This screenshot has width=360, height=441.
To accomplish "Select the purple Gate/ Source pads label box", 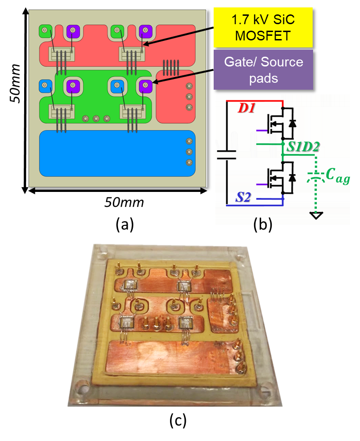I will click(x=263, y=70).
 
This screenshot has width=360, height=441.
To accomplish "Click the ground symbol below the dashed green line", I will click(x=316, y=215).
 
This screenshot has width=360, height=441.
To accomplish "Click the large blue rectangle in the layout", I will click(x=117, y=153).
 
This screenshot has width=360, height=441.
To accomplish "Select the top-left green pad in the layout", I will click(x=45, y=32).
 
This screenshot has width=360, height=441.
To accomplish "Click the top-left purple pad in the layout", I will click(x=73, y=32).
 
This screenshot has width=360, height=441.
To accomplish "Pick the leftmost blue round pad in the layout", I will click(x=45, y=85).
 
